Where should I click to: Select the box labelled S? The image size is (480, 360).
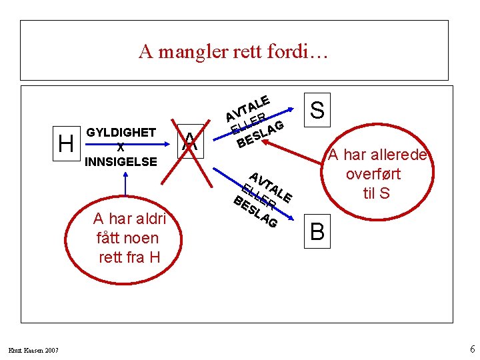point(318,109)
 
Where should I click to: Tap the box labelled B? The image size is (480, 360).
point(318,231)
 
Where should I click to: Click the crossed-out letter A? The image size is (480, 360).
point(191,141)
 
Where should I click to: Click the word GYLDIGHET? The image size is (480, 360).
point(121,133)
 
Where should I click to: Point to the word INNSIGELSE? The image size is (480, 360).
point(121,161)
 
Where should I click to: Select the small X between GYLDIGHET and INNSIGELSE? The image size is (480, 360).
point(120,147)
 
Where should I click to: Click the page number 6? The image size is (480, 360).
point(471,349)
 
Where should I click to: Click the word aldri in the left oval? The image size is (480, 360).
point(153,219)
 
